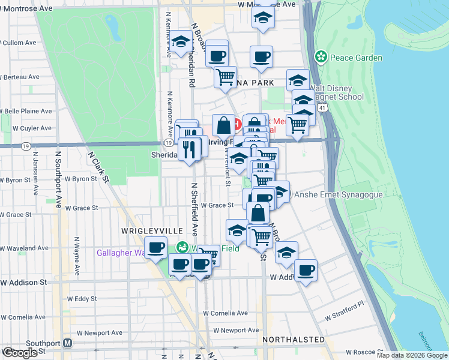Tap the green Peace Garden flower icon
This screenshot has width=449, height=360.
point(321,58)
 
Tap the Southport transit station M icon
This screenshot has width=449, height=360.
point(68,343)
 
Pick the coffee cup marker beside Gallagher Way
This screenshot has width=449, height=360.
point(156,247)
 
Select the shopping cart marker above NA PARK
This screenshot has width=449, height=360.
point(224,76)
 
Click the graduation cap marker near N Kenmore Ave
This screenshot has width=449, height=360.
point(180,42)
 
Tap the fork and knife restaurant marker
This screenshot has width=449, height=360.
point(190,149)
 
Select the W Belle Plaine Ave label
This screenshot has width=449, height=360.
point(28,111)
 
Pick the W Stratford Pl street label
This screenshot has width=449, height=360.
point(345,310)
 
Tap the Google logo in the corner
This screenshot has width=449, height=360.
point(19,353)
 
